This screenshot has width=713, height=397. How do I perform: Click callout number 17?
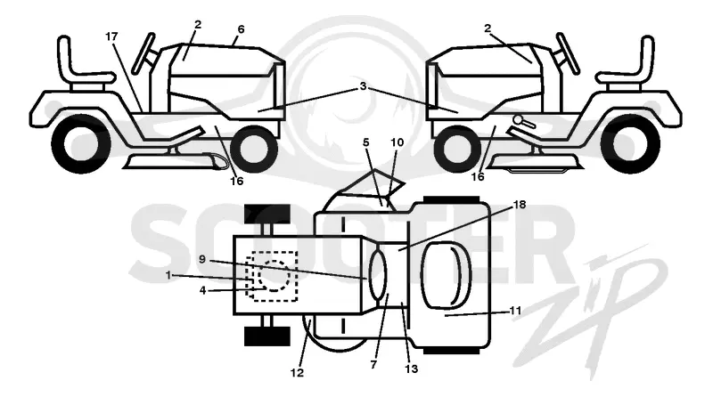tap(112, 36)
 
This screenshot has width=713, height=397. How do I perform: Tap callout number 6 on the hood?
tap(241, 29)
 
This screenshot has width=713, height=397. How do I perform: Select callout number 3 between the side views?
tap(363, 85)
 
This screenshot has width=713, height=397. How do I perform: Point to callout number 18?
tap(520, 205)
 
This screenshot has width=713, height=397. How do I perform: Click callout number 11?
tap(515, 311)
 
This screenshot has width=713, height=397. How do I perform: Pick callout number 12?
tap(297, 373)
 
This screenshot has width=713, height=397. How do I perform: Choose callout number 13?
tap(411, 369)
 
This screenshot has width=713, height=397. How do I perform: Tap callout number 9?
tap(202, 259)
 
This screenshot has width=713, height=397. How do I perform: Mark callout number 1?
tap(168, 275)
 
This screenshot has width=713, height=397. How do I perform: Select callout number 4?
tap(203, 290)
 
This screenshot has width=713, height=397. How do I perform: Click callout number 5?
tap(366, 142)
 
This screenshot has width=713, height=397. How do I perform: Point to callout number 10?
tap(397, 142)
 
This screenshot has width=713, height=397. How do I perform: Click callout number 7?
tap(373, 365)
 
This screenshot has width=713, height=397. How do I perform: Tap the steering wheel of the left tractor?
tap(143, 53)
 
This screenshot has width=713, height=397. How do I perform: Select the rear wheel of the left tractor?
tap(81, 144)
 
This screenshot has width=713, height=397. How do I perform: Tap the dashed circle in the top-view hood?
tap(274, 276)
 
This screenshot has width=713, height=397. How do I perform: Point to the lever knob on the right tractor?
tap(518, 119)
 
